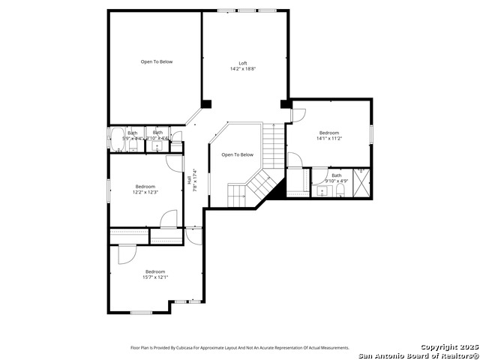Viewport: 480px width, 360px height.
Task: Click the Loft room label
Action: click(242, 63)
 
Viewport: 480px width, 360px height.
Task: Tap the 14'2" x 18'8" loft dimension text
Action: click(242, 69)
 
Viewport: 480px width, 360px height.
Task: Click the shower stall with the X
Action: click(361, 181)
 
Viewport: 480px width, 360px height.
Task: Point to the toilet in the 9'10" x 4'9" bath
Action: click(340, 192)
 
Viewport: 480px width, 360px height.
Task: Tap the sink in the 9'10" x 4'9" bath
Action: click(322, 191)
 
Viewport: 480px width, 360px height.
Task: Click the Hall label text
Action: click(188, 180)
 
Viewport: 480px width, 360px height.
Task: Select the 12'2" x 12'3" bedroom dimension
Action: click(145, 192)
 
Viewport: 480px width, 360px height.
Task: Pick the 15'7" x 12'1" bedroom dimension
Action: click(155, 277)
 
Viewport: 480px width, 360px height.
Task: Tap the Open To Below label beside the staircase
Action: click(237, 155)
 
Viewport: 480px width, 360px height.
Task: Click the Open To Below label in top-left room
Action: click(156, 61)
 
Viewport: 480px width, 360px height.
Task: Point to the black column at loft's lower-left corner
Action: click(206, 103)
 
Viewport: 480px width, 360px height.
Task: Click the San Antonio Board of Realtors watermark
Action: click(418, 355)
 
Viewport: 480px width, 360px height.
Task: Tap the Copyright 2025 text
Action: click(448, 347)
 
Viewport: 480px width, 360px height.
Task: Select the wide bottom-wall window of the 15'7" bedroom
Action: click(141, 312)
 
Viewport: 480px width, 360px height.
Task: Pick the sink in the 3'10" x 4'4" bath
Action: click(158, 145)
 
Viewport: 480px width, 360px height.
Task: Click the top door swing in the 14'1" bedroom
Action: click(298, 115)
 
